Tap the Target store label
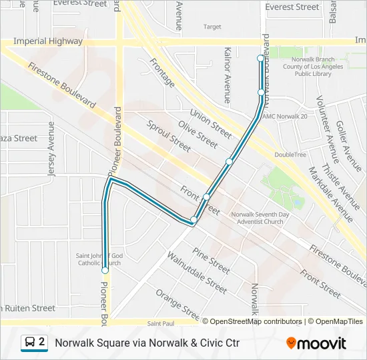212,27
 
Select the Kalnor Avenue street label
228,74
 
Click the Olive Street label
198,135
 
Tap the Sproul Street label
168,137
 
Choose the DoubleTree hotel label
290,155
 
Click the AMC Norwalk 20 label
284,117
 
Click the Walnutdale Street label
197,272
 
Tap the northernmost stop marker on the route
261,59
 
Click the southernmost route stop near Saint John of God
105,271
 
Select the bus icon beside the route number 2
30,343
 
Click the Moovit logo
316,343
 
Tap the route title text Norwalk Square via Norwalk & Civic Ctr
147,343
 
